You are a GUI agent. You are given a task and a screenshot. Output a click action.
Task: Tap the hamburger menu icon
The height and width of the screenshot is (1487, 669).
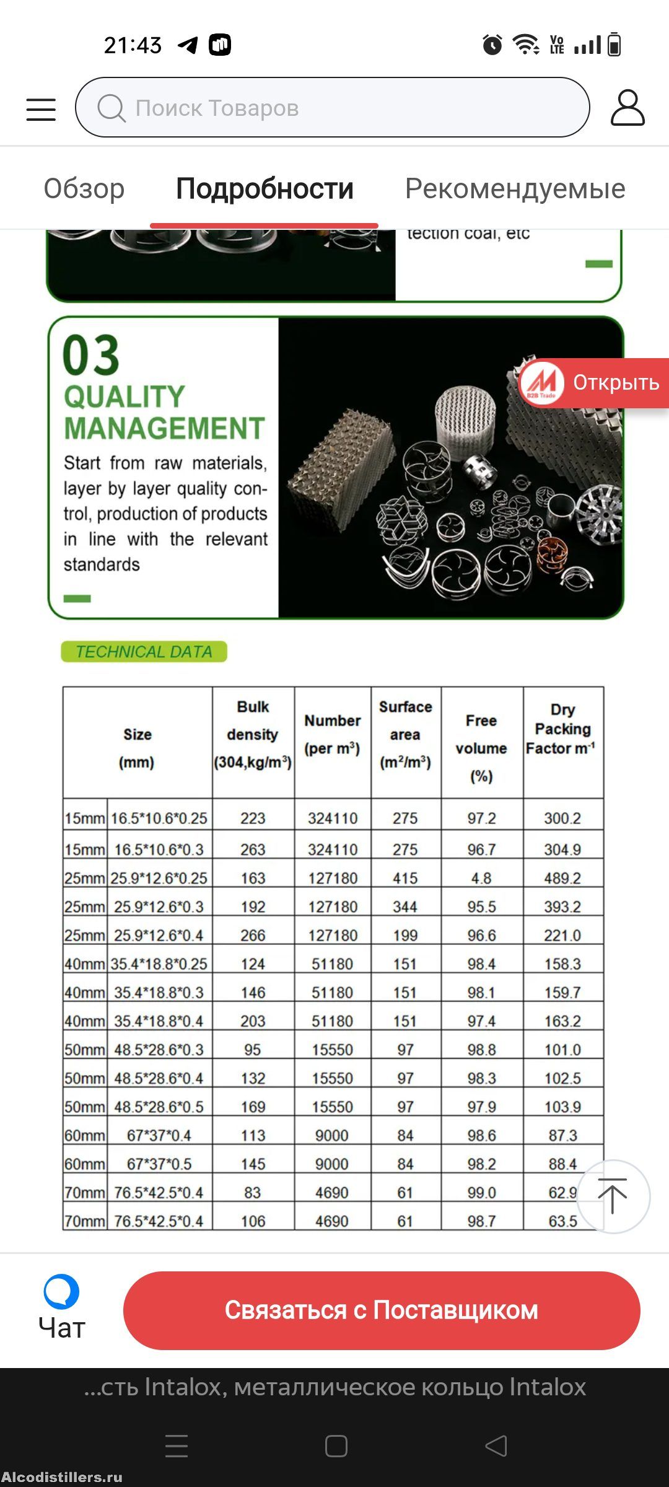pos(41,109)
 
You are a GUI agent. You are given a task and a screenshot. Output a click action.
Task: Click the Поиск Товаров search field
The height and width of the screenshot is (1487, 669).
pos(332,108)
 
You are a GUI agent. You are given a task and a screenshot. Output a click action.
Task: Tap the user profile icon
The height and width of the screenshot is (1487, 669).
pos(627,108)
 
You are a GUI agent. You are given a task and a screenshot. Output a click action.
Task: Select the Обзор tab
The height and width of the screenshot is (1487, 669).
pos(84,188)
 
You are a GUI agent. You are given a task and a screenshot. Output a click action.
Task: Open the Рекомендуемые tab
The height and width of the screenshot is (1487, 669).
pos(515,188)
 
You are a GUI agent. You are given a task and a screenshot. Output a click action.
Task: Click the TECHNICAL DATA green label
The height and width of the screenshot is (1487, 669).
pos(144,652)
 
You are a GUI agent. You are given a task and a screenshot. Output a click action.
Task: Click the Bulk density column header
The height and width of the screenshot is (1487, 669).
pos(253,735)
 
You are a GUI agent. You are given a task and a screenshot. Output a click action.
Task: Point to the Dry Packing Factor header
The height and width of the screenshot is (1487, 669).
pos(562,729)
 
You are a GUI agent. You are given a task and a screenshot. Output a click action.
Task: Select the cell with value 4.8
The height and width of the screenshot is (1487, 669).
pos(481,878)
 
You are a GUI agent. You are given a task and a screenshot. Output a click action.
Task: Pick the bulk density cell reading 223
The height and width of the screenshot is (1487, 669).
pos(253,818)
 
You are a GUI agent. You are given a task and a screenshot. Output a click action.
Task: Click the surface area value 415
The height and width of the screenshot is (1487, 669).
pos(405,878)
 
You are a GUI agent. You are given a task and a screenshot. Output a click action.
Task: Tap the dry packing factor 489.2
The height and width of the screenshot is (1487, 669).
pos(562,878)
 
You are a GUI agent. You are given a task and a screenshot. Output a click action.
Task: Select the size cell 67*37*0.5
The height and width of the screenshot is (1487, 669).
pos(159,1164)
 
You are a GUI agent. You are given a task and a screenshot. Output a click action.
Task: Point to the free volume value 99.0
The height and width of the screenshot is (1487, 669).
pos(481,1193)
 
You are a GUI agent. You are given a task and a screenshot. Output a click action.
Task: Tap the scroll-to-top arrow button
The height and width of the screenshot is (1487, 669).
pos(613,1196)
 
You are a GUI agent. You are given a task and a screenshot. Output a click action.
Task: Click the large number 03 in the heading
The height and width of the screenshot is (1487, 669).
pos(91,355)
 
